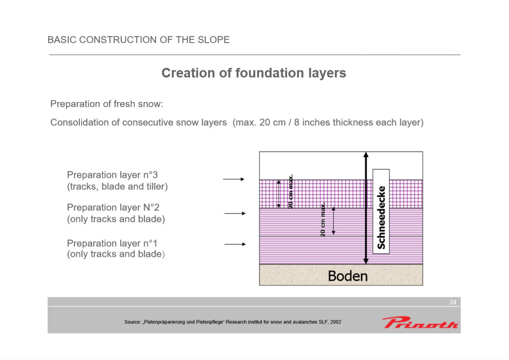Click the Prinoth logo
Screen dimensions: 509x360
(421, 322)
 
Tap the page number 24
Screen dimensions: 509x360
(453, 302)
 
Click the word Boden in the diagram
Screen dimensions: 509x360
(347, 276)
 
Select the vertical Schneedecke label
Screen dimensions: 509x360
(381, 218)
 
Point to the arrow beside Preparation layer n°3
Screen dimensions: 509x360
(233, 179)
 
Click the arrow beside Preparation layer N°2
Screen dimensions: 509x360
(235, 214)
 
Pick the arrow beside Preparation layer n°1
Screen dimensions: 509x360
(235, 244)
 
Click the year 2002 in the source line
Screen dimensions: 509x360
(336, 322)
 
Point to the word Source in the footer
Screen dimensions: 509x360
(132, 322)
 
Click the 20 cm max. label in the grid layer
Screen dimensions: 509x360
(290, 191)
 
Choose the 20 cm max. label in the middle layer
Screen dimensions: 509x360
(323, 220)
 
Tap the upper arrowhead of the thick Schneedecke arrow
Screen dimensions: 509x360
(366, 155)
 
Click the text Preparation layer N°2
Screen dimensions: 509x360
(113, 207)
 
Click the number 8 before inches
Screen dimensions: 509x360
(297, 122)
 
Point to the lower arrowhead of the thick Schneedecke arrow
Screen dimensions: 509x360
(366, 261)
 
